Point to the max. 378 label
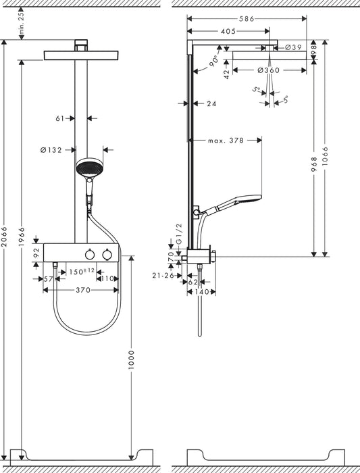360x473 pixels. coord(225,141)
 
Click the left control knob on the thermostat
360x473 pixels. coord(88,254)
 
